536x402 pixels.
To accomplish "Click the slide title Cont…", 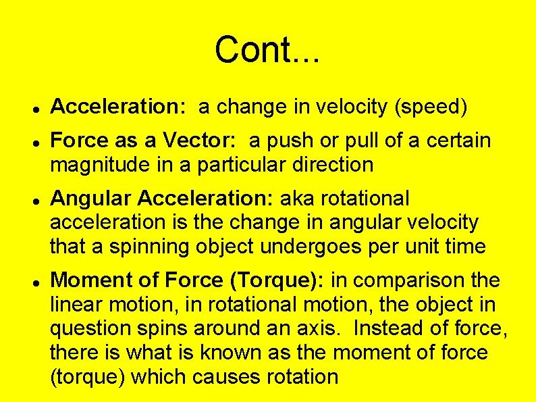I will click(268, 49).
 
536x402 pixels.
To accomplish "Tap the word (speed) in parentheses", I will click(431, 107).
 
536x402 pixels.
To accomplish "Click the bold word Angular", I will click(91, 199).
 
